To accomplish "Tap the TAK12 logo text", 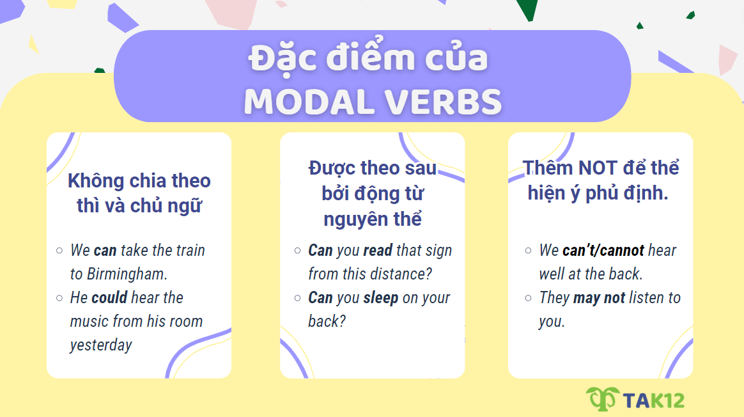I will (x=652, y=400).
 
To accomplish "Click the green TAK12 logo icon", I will (x=601, y=398).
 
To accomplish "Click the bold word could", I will (x=109, y=298).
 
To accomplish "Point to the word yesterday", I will (x=101, y=345).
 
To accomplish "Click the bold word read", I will (x=377, y=251).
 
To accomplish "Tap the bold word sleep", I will (x=380, y=298).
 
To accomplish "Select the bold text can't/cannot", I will (x=603, y=251).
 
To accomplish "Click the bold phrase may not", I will (x=599, y=298).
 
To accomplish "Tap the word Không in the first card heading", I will (x=96, y=181).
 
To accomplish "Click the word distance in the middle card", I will (x=398, y=274).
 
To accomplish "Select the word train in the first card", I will (x=189, y=251).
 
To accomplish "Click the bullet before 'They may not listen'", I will (x=528, y=297).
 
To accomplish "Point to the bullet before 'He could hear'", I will (x=59, y=297).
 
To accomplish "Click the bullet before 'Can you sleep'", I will (x=297, y=297).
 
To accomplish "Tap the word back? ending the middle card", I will (x=327, y=322).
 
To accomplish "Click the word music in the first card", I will (x=89, y=322).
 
